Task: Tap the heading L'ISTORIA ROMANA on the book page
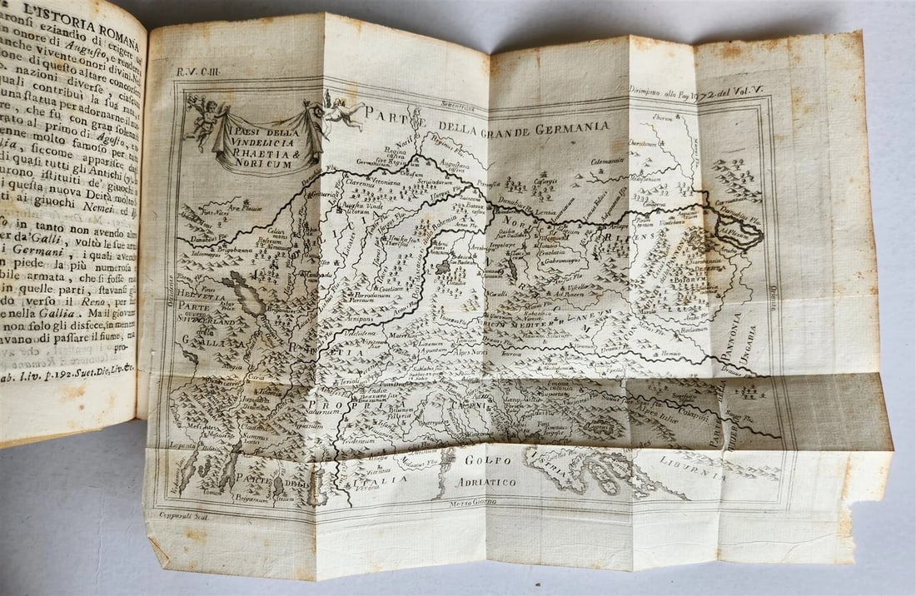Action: click(x=79, y=14)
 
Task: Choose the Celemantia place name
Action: click(x=609, y=161)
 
